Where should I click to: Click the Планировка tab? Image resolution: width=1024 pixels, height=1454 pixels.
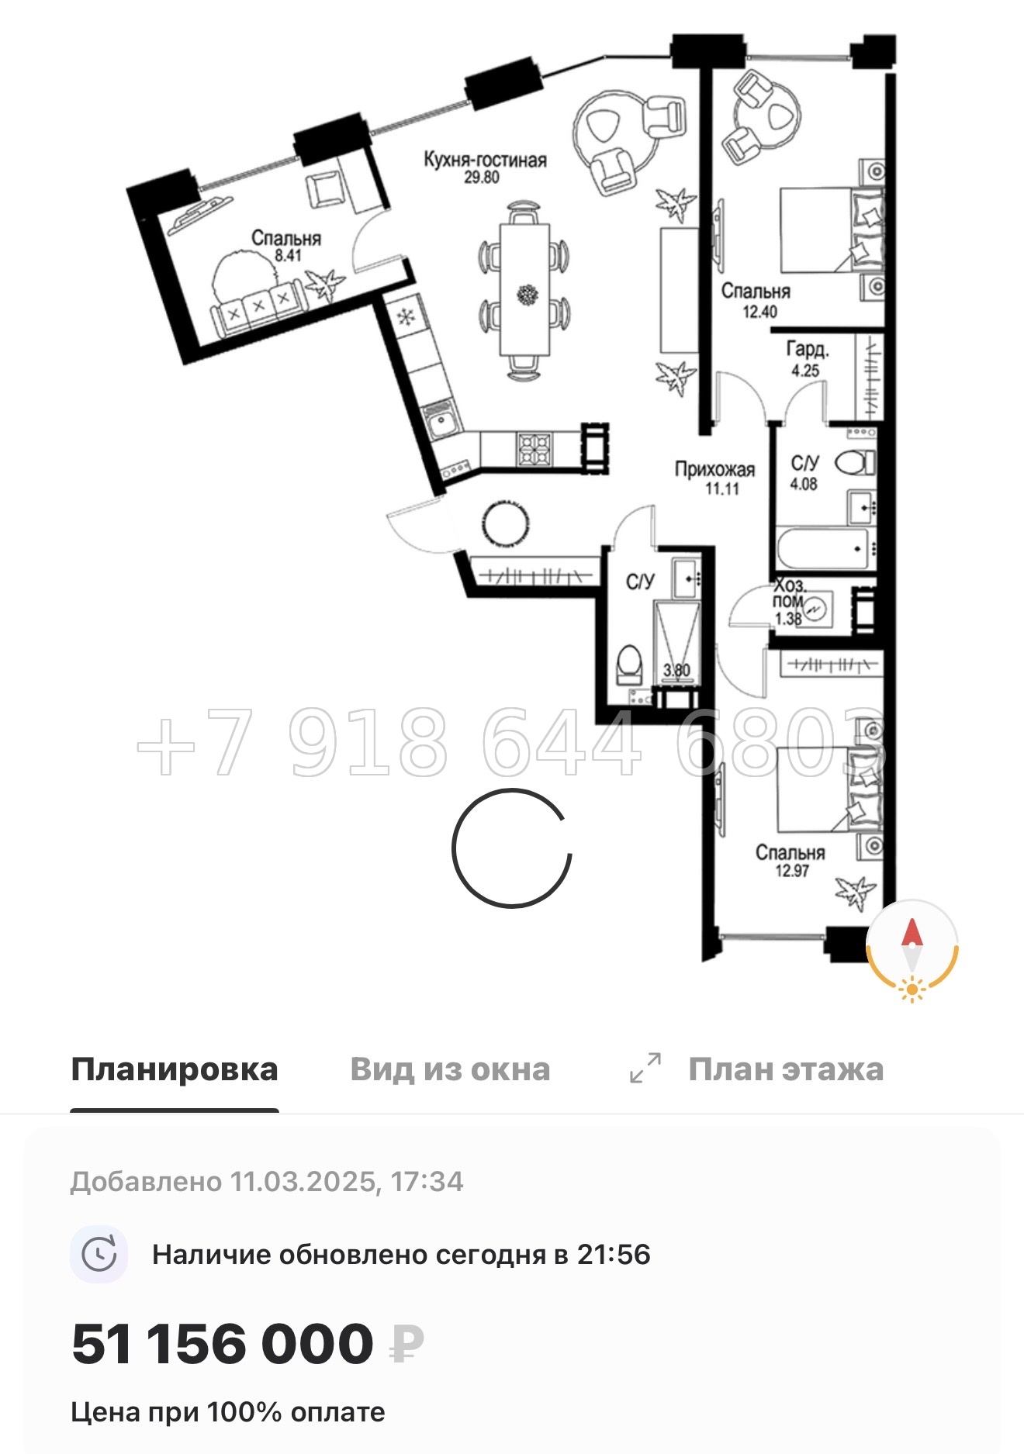click(174, 1070)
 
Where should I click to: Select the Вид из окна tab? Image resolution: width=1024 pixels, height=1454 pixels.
click(450, 1070)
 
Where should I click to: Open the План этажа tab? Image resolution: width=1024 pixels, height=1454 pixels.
click(785, 1070)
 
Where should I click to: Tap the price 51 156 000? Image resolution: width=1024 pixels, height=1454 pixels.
click(223, 1344)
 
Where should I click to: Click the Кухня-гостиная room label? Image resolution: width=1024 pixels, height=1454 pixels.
click(485, 160)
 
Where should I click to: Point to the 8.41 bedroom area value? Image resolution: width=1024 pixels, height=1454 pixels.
click(288, 255)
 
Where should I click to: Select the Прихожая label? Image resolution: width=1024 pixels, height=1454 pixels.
click(714, 469)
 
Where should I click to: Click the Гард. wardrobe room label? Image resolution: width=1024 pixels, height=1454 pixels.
click(808, 350)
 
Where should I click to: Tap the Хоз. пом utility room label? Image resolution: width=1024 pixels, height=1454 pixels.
click(789, 593)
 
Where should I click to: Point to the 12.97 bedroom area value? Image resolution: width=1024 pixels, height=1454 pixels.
click(791, 871)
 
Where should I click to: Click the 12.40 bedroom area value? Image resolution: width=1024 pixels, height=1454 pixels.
click(759, 312)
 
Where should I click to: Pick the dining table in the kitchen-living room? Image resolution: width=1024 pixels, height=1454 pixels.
click(524, 288)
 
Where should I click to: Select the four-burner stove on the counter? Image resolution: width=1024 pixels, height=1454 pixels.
click(535, 449)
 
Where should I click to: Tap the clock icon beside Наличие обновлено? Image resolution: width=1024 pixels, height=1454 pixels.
click(99, 1254)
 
